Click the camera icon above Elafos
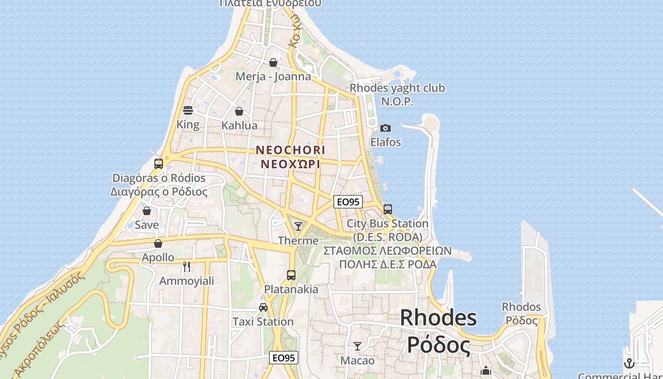[385, 128]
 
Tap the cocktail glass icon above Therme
[298, 226]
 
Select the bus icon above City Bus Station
[388, 209]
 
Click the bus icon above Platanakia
[291, 275]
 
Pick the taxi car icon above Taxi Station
[263, 307]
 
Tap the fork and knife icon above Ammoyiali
[187, 267]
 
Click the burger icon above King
[188, 111]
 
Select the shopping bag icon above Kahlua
[239, 111]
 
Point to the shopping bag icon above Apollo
[158, 244]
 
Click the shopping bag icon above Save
[147, 211]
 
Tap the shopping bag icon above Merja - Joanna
[273, 63]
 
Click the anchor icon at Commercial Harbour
[629, 363]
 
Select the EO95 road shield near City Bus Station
[348, 202]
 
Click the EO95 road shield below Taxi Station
[284, 358]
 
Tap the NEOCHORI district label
[290, 150]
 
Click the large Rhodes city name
[438, 317]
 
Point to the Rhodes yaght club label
[397, 88]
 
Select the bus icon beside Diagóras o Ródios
[159, 164]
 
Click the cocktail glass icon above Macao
[358, 346]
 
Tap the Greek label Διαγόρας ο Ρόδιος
[159, 192]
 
